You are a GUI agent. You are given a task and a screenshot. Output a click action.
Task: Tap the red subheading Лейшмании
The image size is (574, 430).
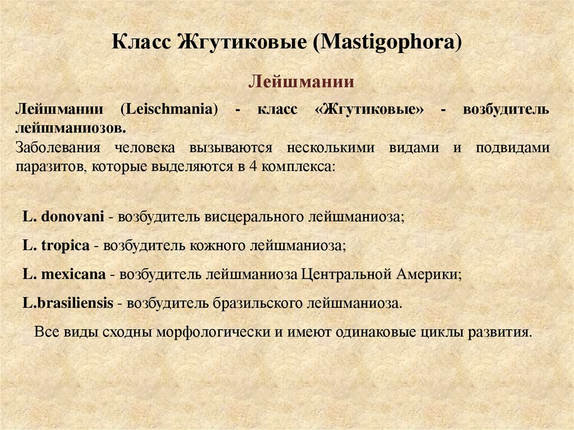point(300,82)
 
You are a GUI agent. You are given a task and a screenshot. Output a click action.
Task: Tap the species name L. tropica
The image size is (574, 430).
point(56,246)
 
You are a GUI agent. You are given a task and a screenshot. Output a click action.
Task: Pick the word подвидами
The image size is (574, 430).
point(512,148)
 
